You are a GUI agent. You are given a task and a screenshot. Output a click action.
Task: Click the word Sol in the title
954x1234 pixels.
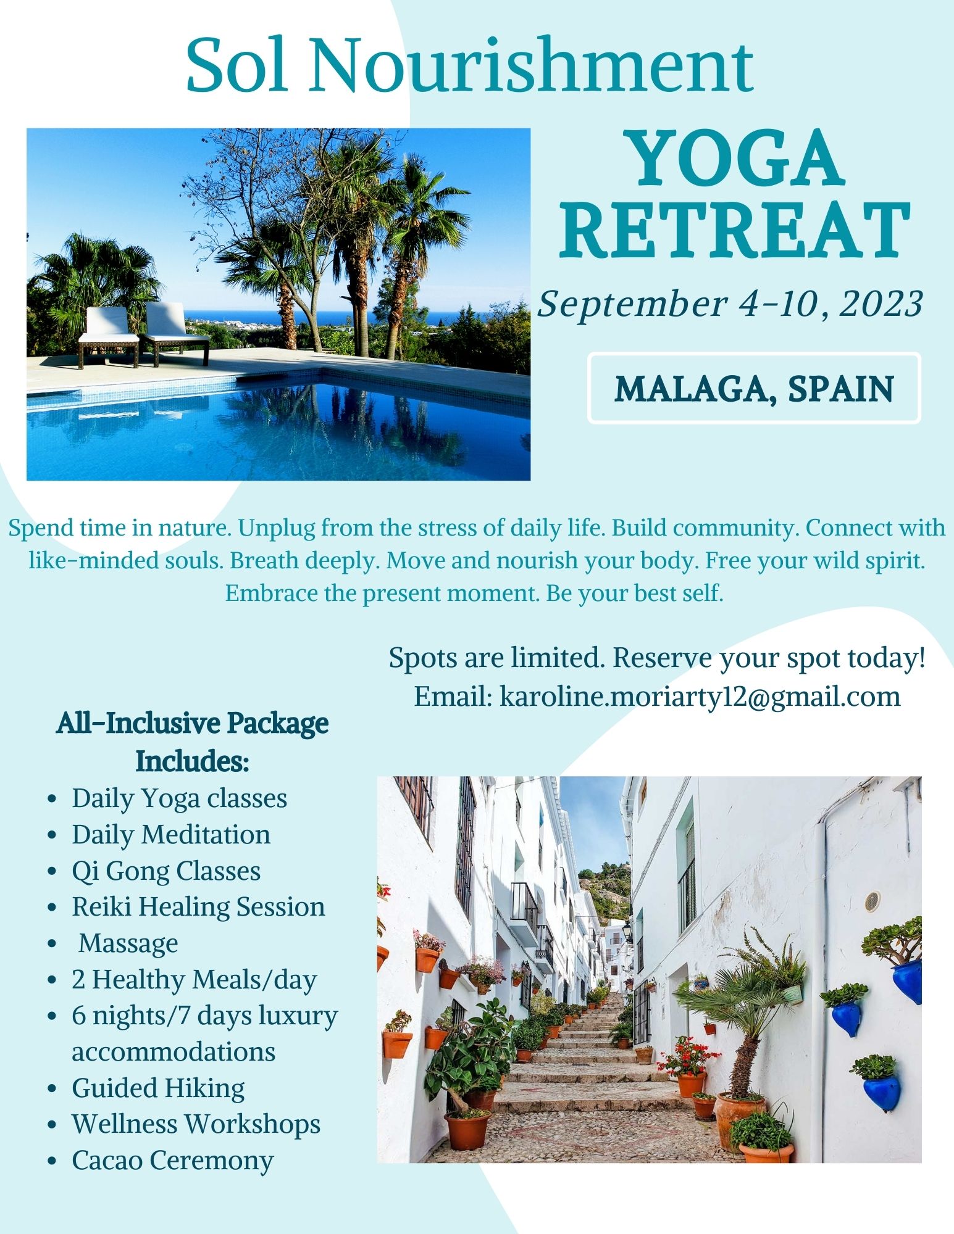(x=236, y=65)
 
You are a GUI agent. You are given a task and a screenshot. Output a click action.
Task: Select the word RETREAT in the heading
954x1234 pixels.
(x=735, y=231)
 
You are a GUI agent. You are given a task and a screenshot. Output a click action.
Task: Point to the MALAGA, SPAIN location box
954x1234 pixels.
(x=754, y=388)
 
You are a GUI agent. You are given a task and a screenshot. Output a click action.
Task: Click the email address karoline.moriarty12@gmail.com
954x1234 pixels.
(x=700, y=697)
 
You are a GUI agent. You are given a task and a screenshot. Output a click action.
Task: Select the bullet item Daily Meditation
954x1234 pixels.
(x=171, y=835)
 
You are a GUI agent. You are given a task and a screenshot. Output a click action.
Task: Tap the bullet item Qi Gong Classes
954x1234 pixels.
(x=166, y=872)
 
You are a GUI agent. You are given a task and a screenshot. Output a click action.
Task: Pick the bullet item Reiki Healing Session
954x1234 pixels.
(x=198, y=907)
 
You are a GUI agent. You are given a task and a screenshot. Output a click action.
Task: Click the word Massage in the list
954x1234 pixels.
(x=128, y=943)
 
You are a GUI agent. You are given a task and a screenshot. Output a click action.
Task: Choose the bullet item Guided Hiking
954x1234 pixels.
(x=158, y=1088)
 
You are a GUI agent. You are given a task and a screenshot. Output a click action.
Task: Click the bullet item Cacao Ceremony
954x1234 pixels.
(x=172, y=1161)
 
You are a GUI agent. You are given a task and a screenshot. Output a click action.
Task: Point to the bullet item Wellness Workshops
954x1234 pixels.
(x=196, y=1124)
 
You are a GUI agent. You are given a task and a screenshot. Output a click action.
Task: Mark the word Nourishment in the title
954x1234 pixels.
(x=532, y=65)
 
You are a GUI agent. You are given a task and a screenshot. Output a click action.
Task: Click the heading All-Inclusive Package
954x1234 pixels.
(x=192, y=723)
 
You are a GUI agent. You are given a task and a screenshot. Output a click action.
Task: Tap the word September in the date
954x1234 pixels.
(x=632, y=304)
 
